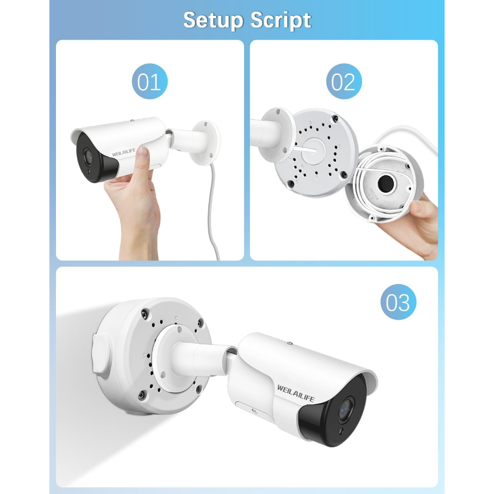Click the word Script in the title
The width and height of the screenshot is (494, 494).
pyautogui.click(x=281, y=21)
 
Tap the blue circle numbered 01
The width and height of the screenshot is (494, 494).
pyautogui.click(x=150, y=81)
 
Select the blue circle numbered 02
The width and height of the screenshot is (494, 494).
pyautogui.click(x=343, y=81)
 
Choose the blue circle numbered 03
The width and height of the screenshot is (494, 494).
pyautogui.click(x=398, y=302)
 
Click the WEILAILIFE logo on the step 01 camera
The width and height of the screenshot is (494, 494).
pyautogui.click(x=123, y=152)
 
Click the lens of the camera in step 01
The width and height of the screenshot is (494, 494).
pyautogui.click(x=88, y=155)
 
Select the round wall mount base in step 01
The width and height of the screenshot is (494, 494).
pyautogui.click(x=206, y=143)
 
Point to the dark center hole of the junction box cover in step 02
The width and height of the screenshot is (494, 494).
pyautogui.click(x=385, y=183)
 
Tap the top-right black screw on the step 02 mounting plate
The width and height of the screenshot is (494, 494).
pyautogui.click(x=336, y=119)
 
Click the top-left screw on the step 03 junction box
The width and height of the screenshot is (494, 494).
pyautogui.click(x=144, y=313)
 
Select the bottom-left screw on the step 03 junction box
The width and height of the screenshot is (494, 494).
pyautogui.click(x=142, y=395)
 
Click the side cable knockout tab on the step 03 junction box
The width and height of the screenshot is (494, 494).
pyautogui.click(x=100, y=354)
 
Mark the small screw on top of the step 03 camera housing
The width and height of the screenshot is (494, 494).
pyautogui.click(x=290, y=343)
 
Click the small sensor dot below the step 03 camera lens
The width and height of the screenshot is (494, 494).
pyautogui.click(x=341, y=431)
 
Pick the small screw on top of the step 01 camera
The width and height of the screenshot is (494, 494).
pyautogui.click(x=132, y=120)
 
